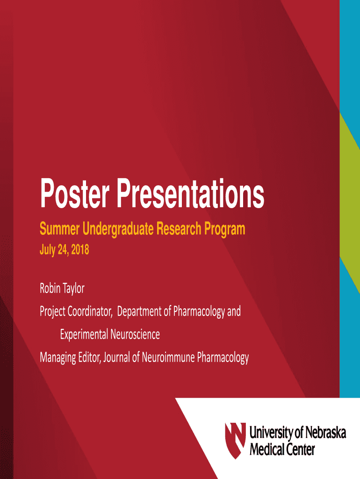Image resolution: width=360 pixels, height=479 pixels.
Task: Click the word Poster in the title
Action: click(x=75, y=194)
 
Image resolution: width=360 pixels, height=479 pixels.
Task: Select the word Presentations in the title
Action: click(x=191, y=194)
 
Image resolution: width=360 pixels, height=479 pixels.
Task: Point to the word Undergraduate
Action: click(x=118, y=229)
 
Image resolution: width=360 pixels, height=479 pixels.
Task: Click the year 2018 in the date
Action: click(x=80, y=250)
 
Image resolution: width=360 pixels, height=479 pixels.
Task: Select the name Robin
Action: click(x=50, y=288)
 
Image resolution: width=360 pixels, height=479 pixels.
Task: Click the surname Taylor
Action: click(x=73, y=289)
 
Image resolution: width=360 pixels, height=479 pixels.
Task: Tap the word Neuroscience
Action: click(x=135, y=334)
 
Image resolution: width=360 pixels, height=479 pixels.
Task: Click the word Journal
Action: click(x=116, y=357)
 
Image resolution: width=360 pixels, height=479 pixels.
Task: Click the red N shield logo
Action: click(x=236, y=440)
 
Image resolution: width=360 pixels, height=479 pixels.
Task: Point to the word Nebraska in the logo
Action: click(x=326, y=433)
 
